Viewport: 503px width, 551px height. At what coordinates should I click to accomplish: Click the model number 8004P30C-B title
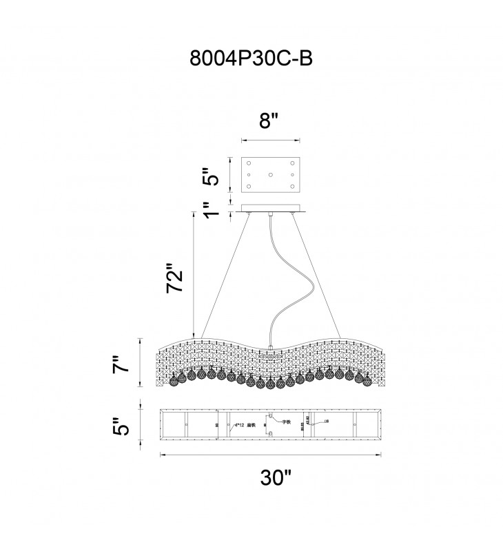point(251,59)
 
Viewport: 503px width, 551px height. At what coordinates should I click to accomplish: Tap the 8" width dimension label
point(269,122)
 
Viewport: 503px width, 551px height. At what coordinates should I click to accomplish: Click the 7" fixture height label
point(121,364)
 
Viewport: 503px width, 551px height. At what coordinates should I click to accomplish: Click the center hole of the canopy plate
point(271,176)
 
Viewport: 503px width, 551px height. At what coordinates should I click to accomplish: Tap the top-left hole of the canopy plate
point(250,163)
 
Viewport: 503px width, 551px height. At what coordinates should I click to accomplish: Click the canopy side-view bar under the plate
point(271,209)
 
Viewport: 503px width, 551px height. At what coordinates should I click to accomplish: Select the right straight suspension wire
point(318,275)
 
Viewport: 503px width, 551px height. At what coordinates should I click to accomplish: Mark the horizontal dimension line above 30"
point(271,454)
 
